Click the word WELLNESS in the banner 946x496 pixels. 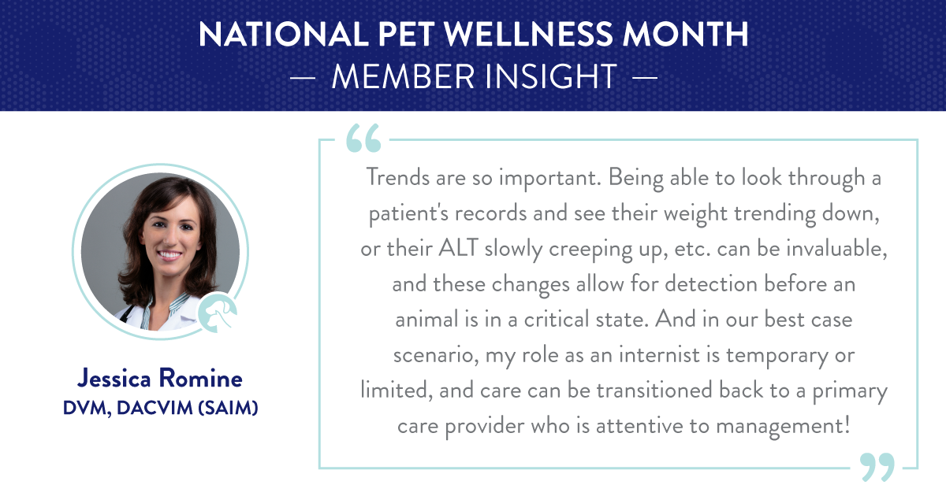click(x=528, y=34)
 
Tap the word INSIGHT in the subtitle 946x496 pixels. click(x=551, y=77)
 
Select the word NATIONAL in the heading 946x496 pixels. click(x=283, y=34)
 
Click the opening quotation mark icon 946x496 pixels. click(x=363, y=138)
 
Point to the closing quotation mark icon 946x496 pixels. click(x=877, y=467)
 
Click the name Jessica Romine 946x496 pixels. click(x=159, y=378)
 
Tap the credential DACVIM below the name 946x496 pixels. click(x=155, y=408)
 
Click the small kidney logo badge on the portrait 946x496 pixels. click(x=217, y=313)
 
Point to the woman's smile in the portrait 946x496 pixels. click(x=169, y=255)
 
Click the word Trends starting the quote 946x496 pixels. click(x=398, y=176)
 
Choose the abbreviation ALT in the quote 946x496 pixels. click(x=458, y=247)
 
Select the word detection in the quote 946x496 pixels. click(x=711, y=283)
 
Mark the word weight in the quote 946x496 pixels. click(x=695, y=214)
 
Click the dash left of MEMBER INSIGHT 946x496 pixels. click(x=303, y=78)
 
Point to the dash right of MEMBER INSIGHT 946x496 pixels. click(x=645, y=78)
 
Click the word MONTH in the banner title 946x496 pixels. click(x=685, y=34)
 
